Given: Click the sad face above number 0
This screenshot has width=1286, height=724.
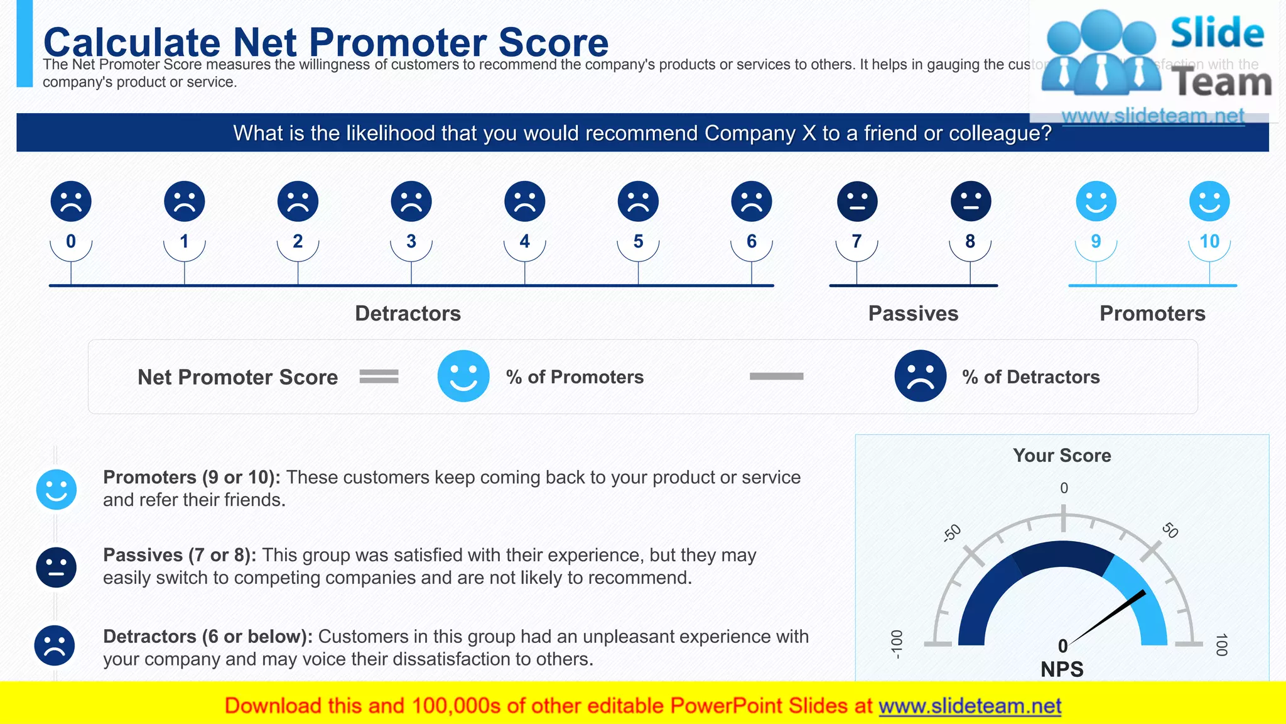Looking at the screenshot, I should point(71,202).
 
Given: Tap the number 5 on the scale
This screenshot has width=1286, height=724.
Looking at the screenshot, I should point(638,241).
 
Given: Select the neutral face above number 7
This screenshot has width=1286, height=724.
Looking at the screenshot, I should point(857,202).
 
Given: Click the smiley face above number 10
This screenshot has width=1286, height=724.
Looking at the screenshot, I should point(1209,202).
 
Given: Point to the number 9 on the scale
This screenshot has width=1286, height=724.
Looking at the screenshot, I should point(1096,241).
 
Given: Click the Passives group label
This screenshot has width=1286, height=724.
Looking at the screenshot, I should point(913,314).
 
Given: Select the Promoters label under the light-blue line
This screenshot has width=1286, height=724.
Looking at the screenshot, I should point(1152,314).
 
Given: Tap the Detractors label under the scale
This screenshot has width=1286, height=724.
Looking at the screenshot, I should point(408,314).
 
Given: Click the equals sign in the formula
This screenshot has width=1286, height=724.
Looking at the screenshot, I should point(379,376).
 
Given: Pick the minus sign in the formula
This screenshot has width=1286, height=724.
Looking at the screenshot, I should point(776,376).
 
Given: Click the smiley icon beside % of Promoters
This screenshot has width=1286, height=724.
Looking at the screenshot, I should point(463,376).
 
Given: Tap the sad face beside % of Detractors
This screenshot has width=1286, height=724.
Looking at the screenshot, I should point(920,376).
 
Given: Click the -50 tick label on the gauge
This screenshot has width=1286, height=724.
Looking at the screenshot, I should point(952,533).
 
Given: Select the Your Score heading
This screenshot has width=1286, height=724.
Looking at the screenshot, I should point(1062,456).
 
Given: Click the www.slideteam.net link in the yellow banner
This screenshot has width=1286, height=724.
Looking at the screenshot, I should point(970,706).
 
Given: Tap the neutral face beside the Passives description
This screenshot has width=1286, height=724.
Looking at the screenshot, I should point(57,568).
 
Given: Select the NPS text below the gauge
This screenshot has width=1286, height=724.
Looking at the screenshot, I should point(1062,669).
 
